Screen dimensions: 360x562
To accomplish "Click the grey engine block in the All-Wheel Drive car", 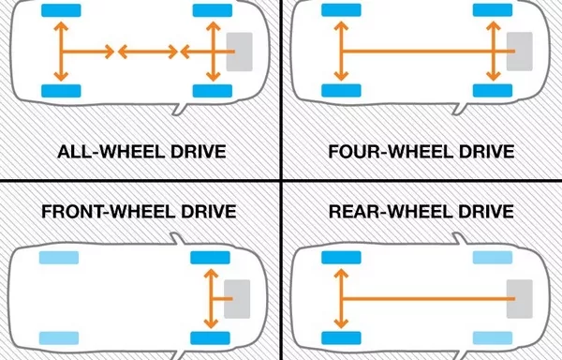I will (240, 51).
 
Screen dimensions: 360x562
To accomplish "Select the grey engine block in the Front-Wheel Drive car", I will (238, 297).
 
